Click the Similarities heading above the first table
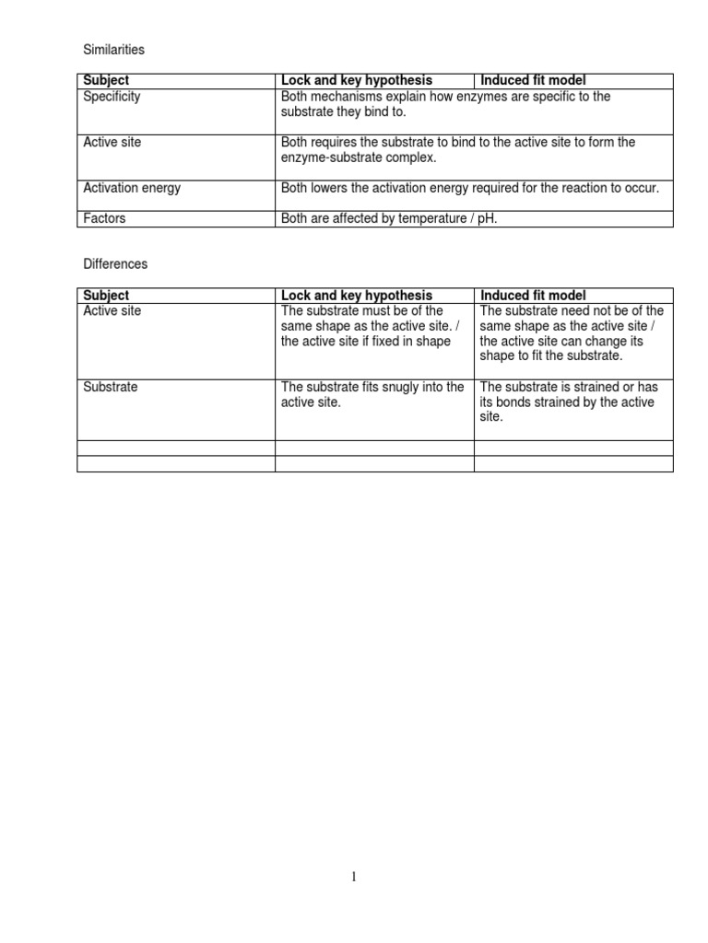[113, 49]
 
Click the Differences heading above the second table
[115, 263]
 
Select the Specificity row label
[112, 97]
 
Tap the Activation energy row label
[132, 188]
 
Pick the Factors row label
[104, 219]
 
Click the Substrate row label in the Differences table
[110, 388]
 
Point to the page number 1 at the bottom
[354, 878]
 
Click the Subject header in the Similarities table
[106, 81]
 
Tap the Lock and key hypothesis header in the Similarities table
[356, 81]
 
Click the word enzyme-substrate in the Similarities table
[329, 157]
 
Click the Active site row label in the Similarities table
[112, 143]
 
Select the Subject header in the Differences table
[106, 296]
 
